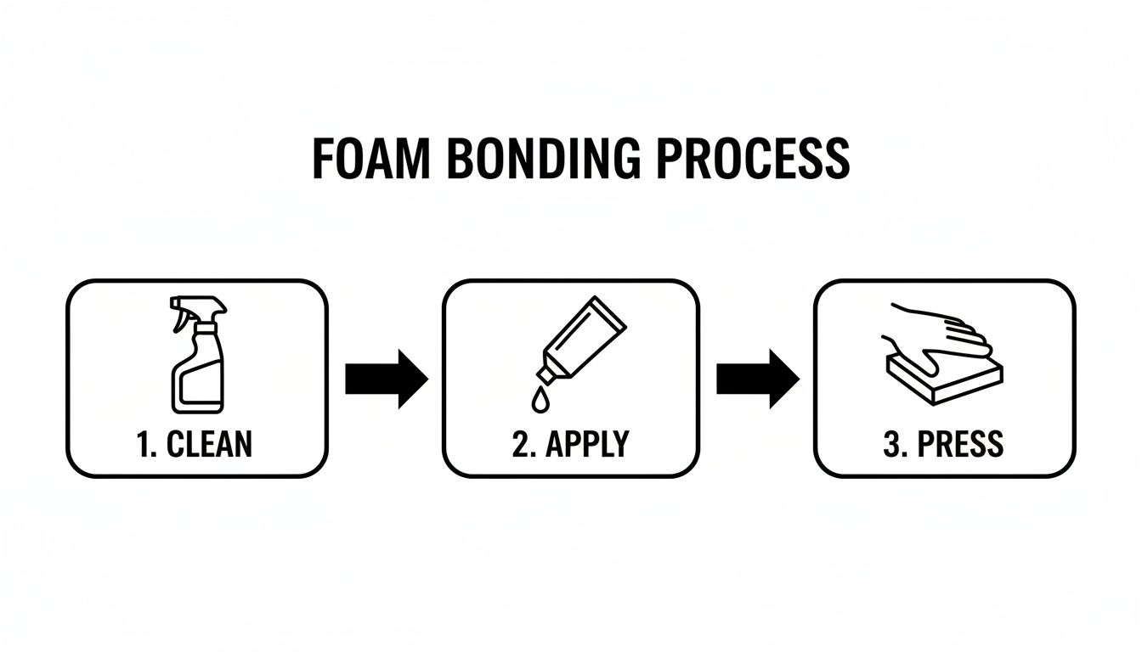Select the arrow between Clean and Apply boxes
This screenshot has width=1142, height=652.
(x=386, y=379)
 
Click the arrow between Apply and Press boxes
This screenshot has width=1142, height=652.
(x=757, y=379)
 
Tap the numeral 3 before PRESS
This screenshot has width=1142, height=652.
(x=891, y=444)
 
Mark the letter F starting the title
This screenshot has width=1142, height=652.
(x=325, y=158)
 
